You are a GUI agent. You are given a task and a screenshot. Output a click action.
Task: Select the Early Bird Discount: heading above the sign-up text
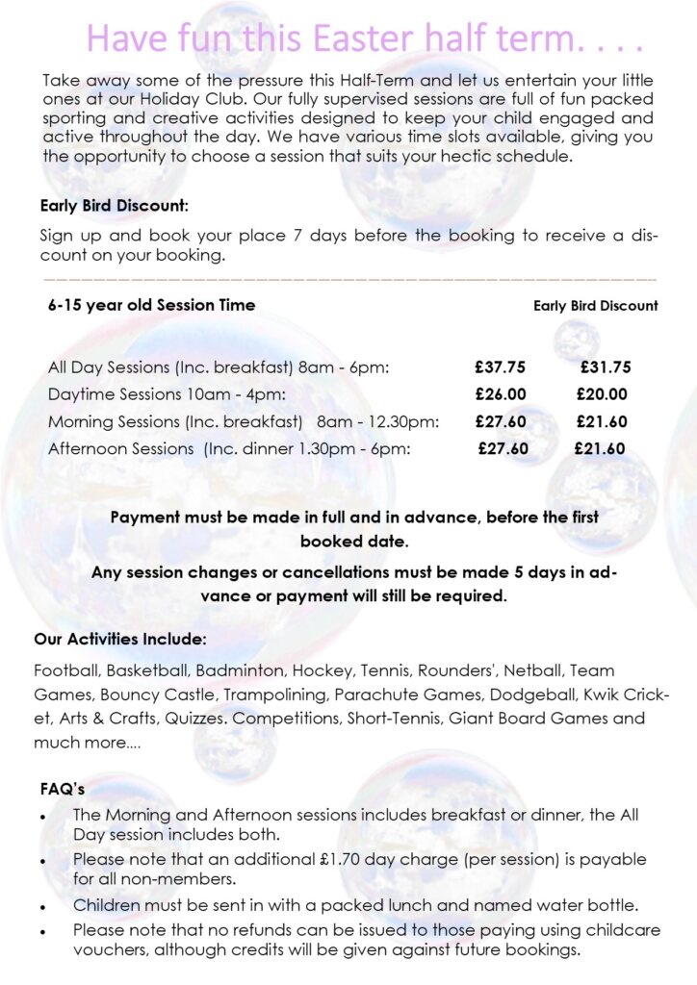(x=114, y=205)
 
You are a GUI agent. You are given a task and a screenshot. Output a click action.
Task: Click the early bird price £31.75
(x=606, y=366)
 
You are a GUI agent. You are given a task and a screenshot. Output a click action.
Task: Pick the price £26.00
(x=501, y=393)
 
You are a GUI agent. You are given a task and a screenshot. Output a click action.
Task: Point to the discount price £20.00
(x=602, y=393)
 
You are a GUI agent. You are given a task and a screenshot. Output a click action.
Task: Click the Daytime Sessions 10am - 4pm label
(x=167, y=393)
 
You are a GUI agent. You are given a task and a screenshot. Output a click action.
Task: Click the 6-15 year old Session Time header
(x=152, y=305)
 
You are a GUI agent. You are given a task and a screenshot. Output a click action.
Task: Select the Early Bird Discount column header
(x=596, y=306)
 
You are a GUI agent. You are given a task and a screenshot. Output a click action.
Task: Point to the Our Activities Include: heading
(x=119, y=639)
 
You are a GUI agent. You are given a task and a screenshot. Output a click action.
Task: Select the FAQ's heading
(x=63, y=789)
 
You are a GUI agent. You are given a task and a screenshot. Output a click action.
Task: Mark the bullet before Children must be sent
(x=43, y=906)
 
